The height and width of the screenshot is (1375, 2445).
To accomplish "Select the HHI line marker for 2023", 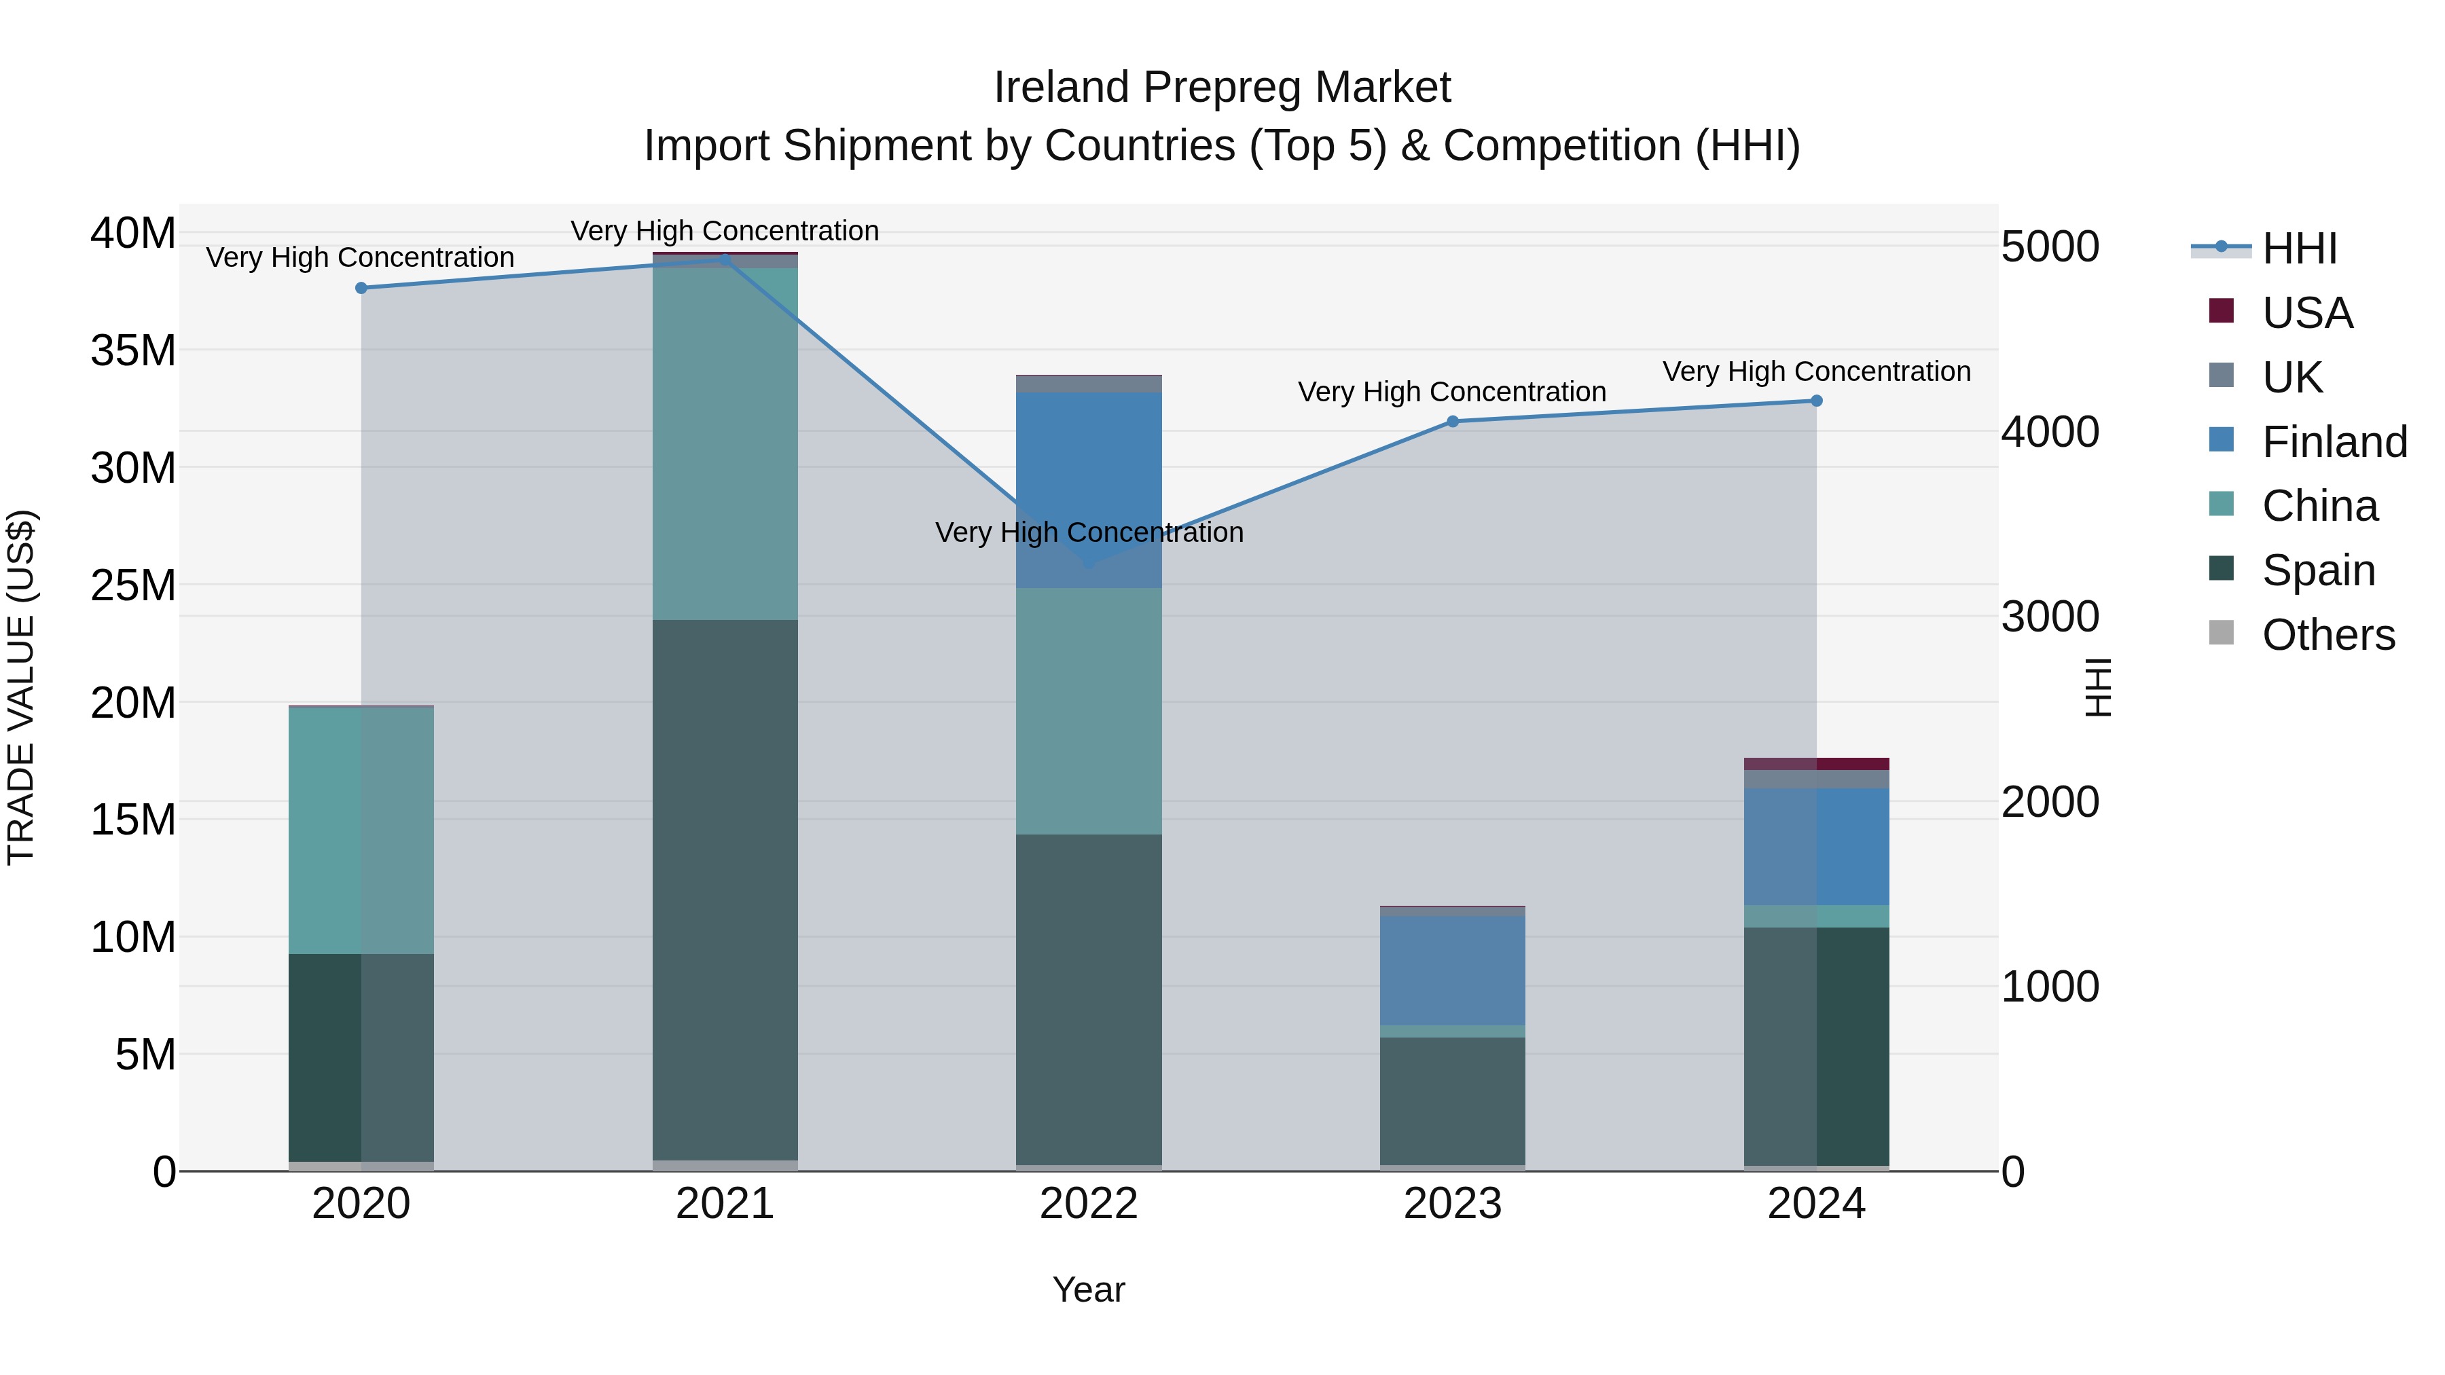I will (1452, 421).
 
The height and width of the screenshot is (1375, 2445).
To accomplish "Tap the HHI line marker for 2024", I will (1815, 401).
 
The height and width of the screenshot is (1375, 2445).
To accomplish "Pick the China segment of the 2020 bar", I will (361, 830).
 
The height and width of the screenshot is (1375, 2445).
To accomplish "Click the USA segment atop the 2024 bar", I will (1815, 764).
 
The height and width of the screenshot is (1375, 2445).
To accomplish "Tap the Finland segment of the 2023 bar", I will (1452, 970).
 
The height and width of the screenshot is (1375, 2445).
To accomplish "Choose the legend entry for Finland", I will (2334, 442).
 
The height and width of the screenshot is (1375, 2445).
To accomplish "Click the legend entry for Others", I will (2328, 635).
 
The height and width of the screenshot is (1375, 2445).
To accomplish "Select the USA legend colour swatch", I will (2221, 311).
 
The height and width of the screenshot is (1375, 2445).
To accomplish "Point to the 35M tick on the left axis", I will (133, 351).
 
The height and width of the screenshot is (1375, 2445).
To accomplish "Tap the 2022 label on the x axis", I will (1089, 1204).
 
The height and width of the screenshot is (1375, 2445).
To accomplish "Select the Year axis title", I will (1089, 1289).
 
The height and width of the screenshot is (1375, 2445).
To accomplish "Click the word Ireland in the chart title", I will (1061, 88).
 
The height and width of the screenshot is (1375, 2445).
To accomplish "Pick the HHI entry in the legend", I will (2298, 249).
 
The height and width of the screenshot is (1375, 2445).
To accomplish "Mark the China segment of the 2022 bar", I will (1089, 712).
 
